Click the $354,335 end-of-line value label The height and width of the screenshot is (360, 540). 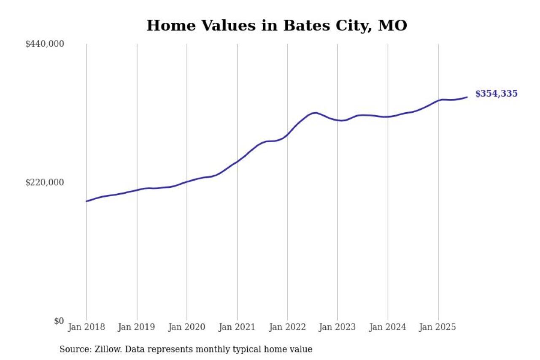496,94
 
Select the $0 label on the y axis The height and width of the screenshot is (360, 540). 59,321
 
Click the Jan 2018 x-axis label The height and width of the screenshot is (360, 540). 86,327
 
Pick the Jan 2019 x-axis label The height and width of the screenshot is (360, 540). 137,327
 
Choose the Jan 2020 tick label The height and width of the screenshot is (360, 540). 187,327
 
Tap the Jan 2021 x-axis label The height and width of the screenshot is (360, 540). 237,327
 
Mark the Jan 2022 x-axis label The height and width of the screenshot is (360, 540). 287,327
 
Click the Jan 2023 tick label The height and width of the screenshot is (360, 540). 337,327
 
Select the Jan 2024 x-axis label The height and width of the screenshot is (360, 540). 388,327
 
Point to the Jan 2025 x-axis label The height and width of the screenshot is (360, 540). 438,327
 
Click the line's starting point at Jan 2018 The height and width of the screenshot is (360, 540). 87,201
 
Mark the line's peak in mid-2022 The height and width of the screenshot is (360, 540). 315,113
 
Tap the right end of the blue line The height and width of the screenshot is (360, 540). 467,97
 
